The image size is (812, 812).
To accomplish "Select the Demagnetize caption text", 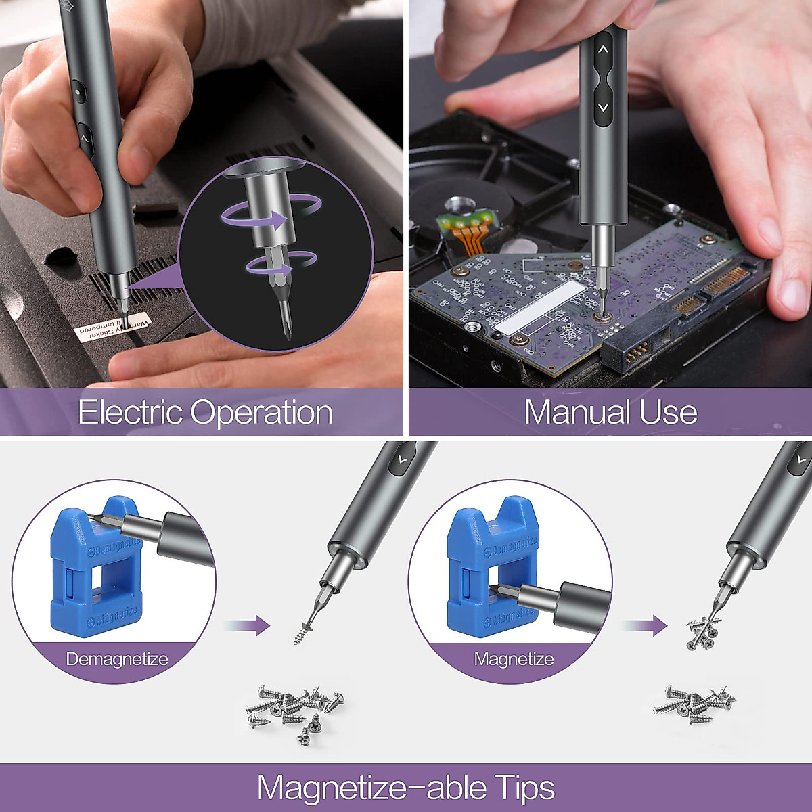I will coord(116,659).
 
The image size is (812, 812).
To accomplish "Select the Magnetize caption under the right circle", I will coord(514,659).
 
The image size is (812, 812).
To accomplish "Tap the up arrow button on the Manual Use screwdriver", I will coord(604,50).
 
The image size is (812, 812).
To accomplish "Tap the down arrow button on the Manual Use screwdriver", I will coord(604,107).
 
